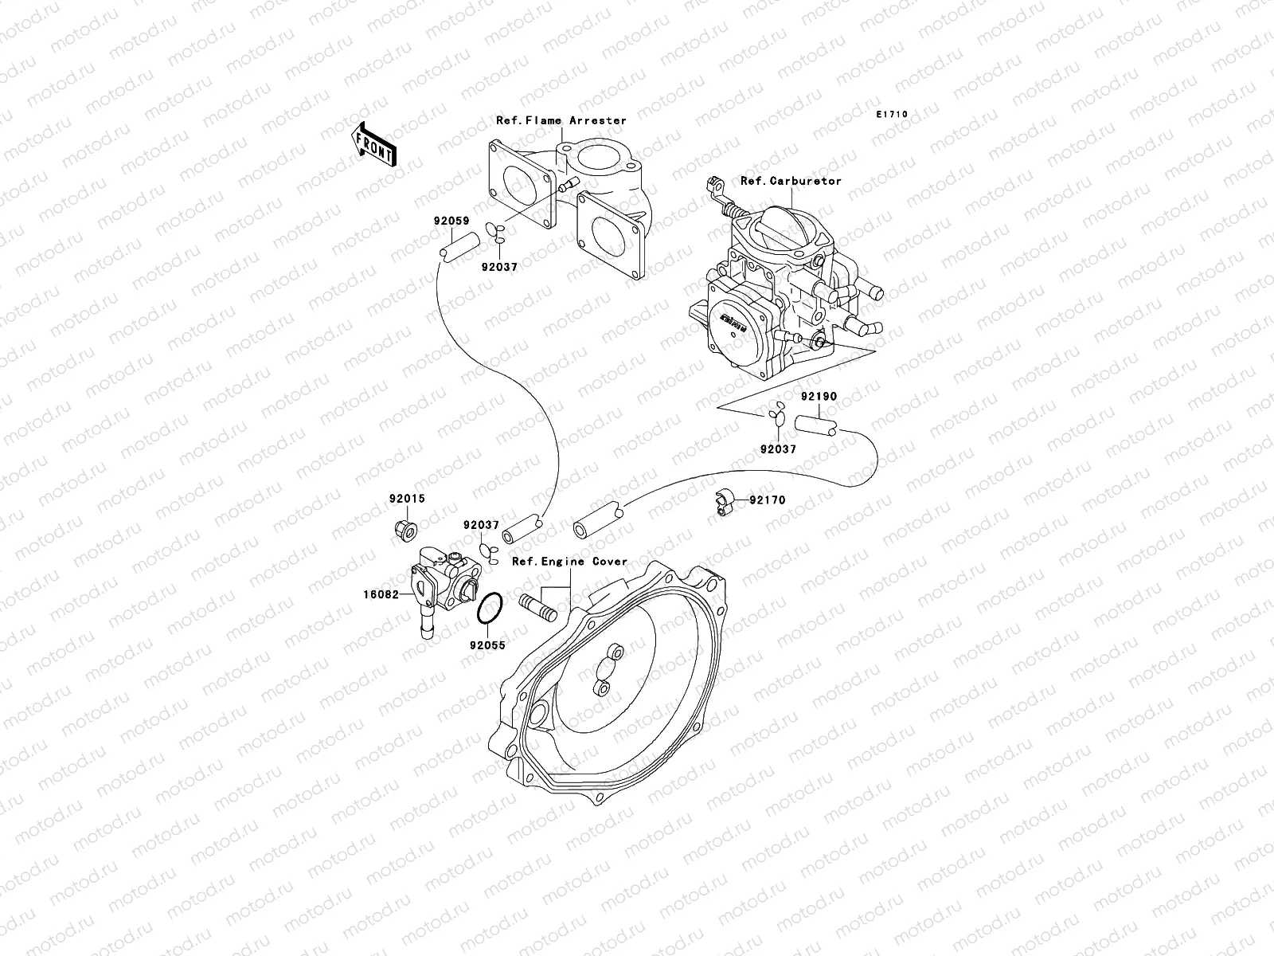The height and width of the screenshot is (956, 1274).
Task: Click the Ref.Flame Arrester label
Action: tap(561, 121)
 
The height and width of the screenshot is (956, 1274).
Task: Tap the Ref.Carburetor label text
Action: tap(791, 181)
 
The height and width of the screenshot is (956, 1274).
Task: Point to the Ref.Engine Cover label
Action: tap(569, 562)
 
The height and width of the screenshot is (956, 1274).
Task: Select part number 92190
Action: tap(820, 395)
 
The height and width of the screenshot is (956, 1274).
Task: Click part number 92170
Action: tap(768, 500)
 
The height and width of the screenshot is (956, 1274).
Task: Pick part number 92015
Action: tap(407, 499)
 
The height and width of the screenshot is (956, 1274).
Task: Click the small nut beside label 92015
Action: tap(404, 527)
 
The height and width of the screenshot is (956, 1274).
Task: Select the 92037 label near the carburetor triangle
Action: tap(777, 449)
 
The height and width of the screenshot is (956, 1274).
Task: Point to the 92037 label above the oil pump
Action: tap(482, 525)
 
